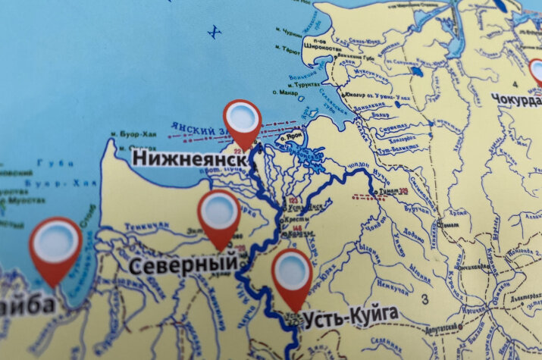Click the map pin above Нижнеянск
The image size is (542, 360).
pos(243,120)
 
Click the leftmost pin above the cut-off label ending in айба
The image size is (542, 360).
pos(56,243)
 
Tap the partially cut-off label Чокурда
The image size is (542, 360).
pos(516,99)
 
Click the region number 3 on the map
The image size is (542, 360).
pos(425,299)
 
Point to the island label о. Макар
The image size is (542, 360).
pos(284,92)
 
